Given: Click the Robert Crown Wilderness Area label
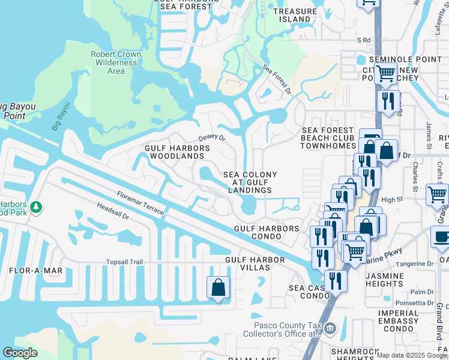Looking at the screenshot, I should tap(116, 62).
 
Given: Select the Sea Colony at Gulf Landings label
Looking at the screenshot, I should tap(250, 182).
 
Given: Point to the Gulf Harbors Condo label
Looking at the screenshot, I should tap(267, 232).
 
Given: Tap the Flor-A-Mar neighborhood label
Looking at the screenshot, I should tap(35, 271).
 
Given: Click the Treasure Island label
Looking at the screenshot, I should tap(295, 15).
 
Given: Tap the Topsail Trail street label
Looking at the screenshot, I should tap(125, 262).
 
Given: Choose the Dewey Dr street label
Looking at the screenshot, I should tap(211, 137).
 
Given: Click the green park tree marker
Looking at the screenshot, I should tap(37, 207).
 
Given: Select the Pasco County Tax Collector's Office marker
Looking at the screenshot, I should tap(330, 329).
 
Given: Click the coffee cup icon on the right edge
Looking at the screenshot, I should tap(441, 236).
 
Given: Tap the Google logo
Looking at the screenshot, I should tap(20, 353).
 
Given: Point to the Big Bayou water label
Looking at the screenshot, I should tap(61, 119).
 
